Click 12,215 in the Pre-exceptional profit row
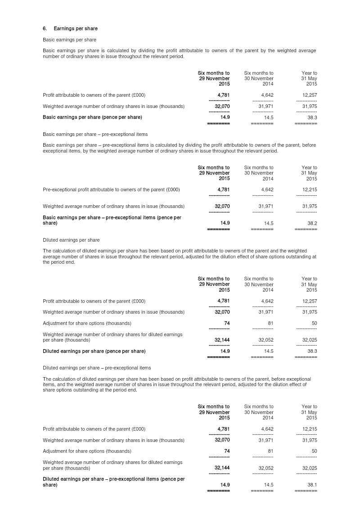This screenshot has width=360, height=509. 308,189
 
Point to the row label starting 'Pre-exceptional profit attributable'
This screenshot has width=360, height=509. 111,189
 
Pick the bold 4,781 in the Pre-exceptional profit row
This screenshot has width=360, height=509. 223,189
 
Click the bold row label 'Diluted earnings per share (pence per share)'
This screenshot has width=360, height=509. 94,351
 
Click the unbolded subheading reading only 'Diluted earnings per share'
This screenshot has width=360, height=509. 71,240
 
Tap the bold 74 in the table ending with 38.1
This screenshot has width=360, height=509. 226,451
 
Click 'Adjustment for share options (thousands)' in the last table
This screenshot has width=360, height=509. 87,451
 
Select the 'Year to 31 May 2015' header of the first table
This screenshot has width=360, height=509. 309,78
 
